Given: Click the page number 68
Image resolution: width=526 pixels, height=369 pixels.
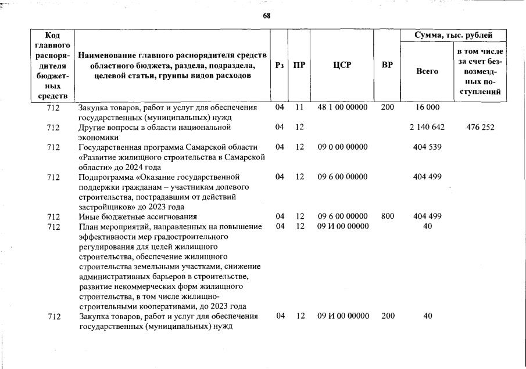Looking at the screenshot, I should (267, 16).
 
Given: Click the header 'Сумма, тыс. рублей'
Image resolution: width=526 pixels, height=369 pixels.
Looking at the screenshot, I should (453, 35).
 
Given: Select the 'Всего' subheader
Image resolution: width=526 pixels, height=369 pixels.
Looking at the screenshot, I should (427, 71).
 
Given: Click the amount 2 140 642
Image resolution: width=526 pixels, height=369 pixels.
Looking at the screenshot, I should (427, 127).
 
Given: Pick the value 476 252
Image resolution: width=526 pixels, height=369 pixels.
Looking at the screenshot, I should (480, 127).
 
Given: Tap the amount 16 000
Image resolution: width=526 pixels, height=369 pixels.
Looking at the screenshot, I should (427, 107).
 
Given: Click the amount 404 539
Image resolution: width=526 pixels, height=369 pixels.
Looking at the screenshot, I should (427, 147).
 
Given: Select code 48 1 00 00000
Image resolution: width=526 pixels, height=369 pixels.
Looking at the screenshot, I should (343, 107).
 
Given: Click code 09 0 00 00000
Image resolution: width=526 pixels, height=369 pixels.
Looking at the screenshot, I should (343, 147).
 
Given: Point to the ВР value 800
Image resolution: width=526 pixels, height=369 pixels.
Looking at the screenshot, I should (387, 216).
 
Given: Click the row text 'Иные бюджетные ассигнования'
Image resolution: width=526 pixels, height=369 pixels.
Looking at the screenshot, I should (137, 216).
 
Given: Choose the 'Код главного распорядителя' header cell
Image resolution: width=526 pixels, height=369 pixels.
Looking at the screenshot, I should (53, 65).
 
